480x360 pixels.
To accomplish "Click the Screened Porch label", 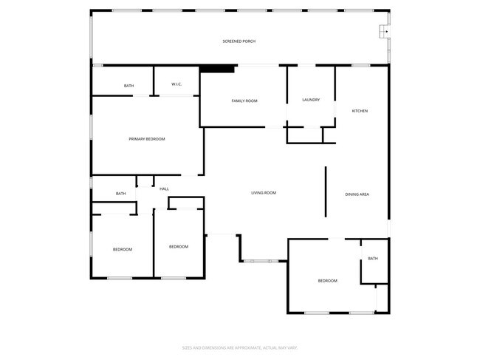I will (x=239, y=41).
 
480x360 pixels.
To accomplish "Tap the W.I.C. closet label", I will (x=176, y=84).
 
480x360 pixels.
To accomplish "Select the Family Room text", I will (x=244, y=101).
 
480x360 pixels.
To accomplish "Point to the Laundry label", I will (x=310, y=100).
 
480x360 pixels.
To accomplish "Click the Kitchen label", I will (x=360, y=111).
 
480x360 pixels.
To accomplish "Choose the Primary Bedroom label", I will (x=146, y=139).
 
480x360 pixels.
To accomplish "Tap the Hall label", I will (x=164, y=189).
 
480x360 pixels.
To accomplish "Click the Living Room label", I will (x=263, y=193).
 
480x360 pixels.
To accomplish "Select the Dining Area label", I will (x=357, y=194).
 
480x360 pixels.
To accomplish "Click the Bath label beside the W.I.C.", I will (x=128, y=86).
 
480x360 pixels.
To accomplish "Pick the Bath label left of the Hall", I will (x=120, y=194).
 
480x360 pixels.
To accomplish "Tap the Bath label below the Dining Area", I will (x=373, y=259).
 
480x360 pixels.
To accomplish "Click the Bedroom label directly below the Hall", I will (x=178, y=246).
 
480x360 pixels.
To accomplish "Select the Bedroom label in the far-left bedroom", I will (x=122, y=249).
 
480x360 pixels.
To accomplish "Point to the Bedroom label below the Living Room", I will (x=327, y=281).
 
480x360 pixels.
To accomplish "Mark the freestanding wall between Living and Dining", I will (x=325, y=192).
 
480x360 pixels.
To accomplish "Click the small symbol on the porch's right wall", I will (x=385, y=32).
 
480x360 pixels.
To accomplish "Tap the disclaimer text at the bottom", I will (x=239, y=347).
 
